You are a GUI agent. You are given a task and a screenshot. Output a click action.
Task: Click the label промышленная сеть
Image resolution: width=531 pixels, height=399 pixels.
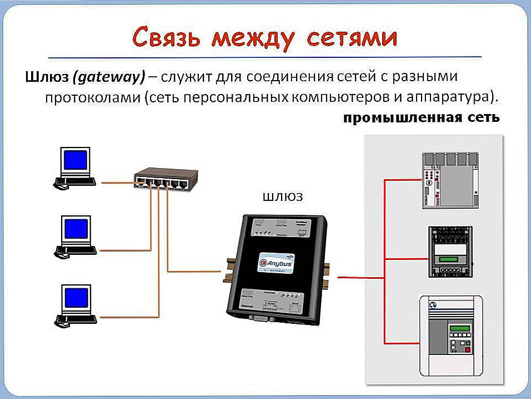click(x=421, y=119)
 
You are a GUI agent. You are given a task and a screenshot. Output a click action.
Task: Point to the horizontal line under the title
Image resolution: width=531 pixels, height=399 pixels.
click(x=265, y=57)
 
